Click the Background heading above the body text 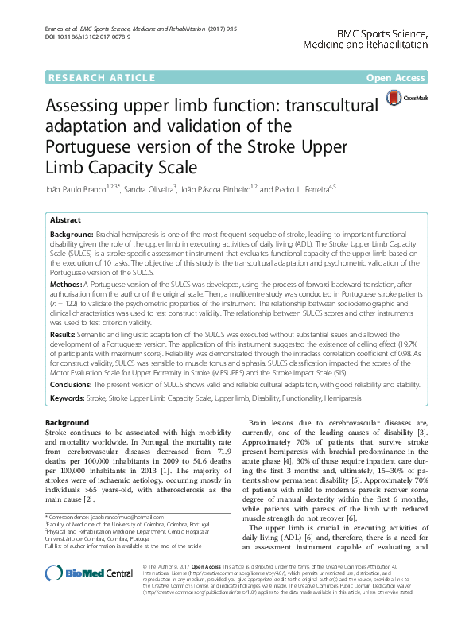click(67, 422)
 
